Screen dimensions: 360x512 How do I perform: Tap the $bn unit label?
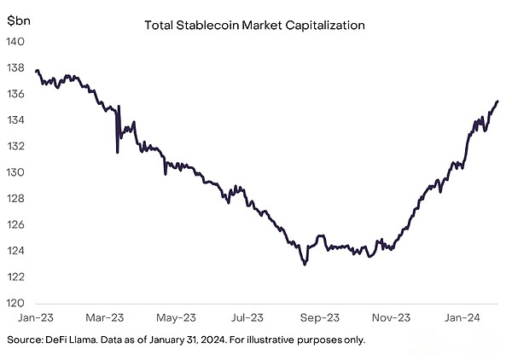point(20,19)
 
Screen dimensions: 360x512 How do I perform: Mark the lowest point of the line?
point(305,264)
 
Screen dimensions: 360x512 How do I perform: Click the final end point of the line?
point(498,101)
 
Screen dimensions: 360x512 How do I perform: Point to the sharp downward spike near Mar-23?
point(117,152)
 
